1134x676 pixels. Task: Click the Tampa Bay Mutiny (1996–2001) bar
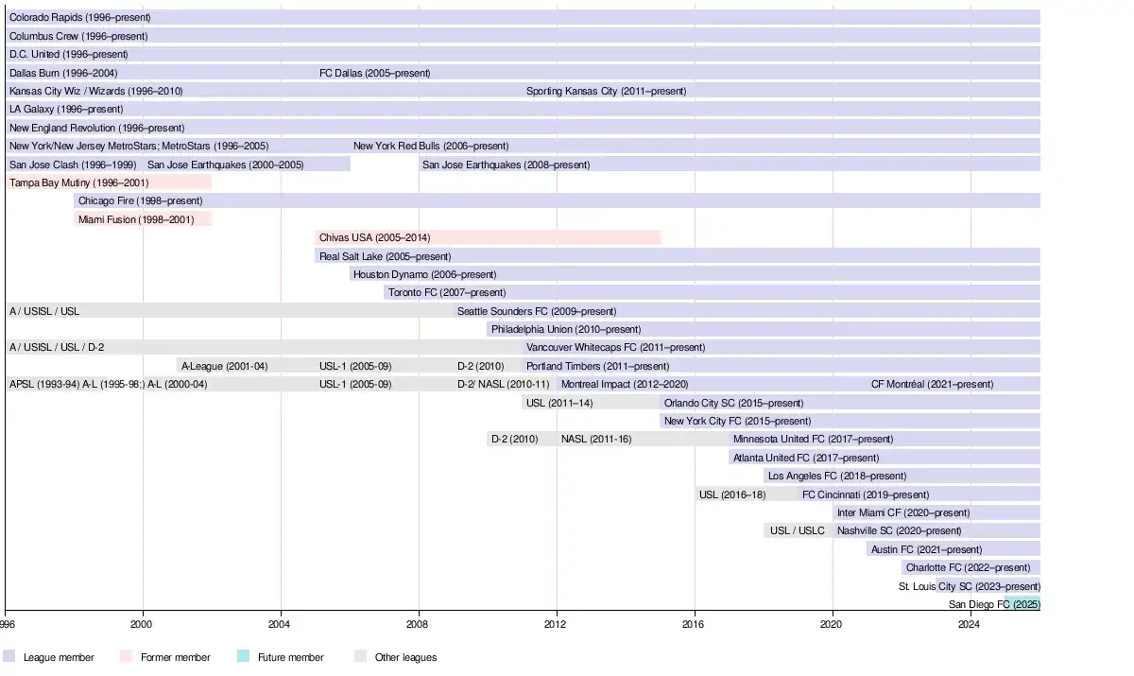[x=109, y=182]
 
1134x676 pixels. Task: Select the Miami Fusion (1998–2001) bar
[x=143, y=219]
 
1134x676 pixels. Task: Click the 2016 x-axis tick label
[x=695, y=624]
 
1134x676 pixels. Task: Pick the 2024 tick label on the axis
[x=970, y=624]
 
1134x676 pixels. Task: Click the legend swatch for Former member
[x=127, y=657]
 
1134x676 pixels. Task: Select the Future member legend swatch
[x=244, y=657]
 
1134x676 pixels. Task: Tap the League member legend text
[x=59, y=657]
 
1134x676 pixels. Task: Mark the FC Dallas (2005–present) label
[x=374, y=73]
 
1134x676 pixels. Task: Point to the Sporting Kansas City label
[x=606, y=92]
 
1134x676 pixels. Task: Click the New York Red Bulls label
[x=431, y=147]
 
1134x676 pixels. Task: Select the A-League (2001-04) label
[x=224, y=366]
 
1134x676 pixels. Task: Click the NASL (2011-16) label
[x=595, y=440]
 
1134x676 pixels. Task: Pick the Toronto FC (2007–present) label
[x=447, y=293]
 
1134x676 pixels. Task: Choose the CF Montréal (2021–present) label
[x=932, y=385]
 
